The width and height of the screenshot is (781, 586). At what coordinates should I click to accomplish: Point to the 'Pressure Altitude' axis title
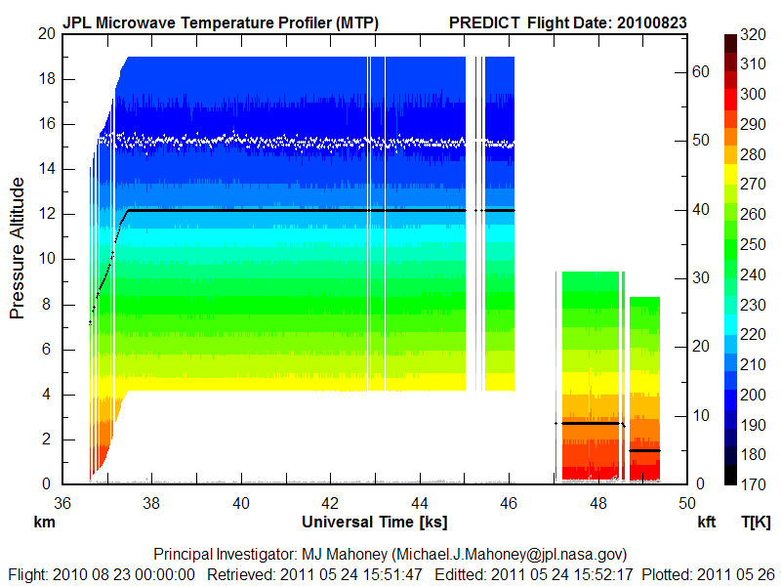[18, 259]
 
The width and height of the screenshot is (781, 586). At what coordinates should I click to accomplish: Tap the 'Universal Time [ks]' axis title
[375, 523]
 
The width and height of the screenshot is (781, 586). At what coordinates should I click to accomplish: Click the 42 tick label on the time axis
[329, 502]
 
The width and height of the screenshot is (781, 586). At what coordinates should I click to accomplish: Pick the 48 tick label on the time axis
[597, 502]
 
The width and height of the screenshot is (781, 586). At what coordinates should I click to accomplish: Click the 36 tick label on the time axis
[62, 502]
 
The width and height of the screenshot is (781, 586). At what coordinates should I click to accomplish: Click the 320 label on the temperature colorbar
[752, 33]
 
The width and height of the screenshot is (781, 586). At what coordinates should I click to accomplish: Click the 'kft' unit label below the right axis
[707, 523]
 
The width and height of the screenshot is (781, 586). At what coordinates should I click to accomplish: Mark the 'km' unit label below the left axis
[43, 523]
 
